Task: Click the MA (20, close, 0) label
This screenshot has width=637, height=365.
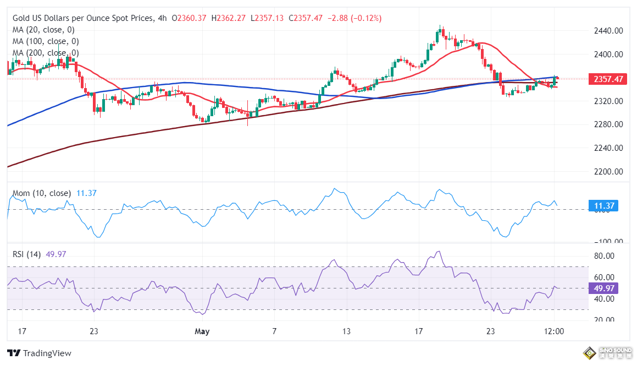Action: (x=43, y=30)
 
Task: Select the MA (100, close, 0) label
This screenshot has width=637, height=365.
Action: (x=46, y=41)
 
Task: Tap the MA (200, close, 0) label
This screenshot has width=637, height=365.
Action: (x=46, y=53)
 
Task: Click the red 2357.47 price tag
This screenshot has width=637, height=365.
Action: (x=608, y=79)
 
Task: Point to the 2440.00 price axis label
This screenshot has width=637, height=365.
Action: (x=609, y=31)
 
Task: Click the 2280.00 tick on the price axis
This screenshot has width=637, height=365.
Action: (x=609, y=124)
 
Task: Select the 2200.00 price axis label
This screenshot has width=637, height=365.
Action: (x=609, y=171)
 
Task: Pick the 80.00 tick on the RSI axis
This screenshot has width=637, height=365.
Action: (x=605, y=256)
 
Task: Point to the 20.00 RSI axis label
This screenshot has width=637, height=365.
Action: (x=605, y=320)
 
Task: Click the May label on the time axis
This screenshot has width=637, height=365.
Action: (x=203, y=331)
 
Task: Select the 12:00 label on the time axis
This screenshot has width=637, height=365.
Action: (x=554, y=331)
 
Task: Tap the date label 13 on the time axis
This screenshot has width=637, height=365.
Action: (x=346, y=331)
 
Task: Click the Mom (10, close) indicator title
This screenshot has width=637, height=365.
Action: (x=41, y=193)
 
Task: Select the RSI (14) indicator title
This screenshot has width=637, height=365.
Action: (x=27, y=254)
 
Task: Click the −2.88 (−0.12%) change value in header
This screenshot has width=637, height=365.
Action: (x=355, y=18)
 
